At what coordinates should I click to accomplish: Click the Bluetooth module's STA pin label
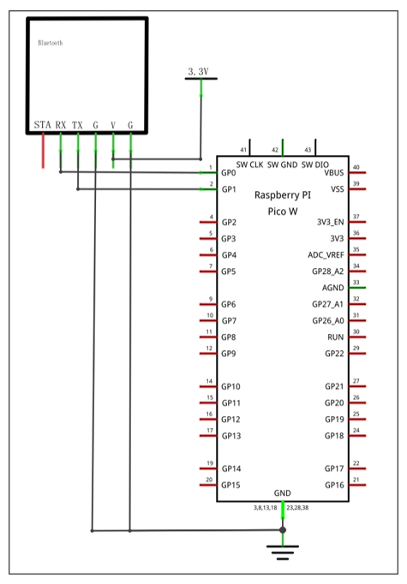42,125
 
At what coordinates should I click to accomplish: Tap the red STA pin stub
43,151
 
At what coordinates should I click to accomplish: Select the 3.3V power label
198,72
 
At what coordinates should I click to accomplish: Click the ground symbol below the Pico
283,552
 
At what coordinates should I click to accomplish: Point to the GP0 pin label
229,173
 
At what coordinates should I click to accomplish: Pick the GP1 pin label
229,189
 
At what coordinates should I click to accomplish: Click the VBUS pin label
334,173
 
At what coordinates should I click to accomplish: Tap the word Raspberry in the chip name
274,195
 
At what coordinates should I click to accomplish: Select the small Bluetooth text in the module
51,43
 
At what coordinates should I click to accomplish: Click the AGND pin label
332,288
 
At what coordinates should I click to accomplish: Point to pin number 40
356,167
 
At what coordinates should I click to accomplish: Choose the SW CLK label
249,164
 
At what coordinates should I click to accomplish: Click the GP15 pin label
230,485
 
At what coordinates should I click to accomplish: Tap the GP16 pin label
334,485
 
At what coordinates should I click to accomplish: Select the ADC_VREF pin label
326,255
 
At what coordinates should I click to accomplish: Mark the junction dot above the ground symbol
283,530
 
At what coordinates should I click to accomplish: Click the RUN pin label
335,337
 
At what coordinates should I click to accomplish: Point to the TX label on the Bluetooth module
77,125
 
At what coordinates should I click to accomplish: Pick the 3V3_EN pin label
330,222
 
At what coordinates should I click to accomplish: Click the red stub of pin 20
208,485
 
